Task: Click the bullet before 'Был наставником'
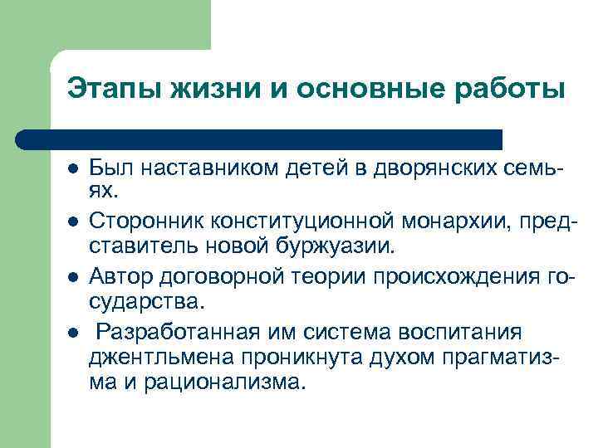tap(73, 169)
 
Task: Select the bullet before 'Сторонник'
tap(73, 222)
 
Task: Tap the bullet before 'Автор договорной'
tap(73, 275)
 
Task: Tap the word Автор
tap(116, 275)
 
